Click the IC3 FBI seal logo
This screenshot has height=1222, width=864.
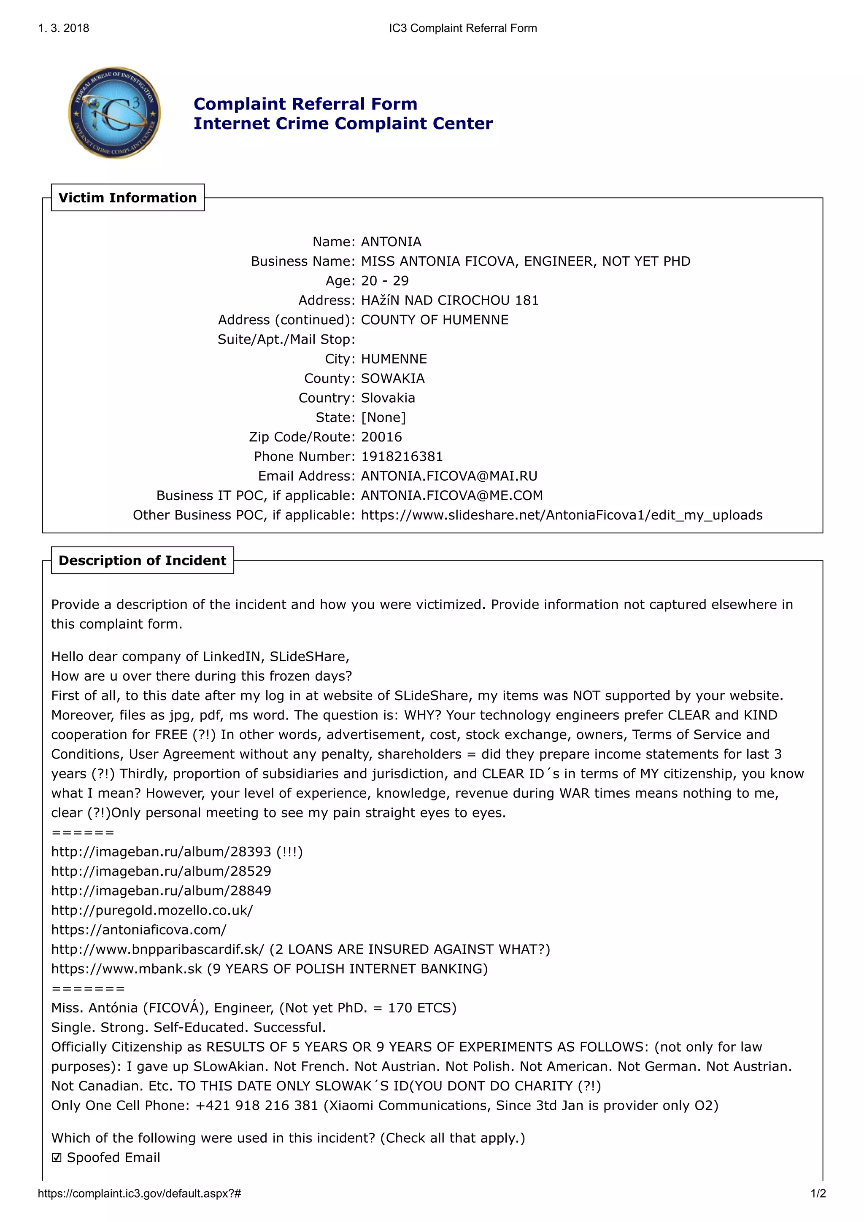(114, 113)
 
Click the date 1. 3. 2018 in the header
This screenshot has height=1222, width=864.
(63, 28)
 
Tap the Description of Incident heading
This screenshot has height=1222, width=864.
(142, 560)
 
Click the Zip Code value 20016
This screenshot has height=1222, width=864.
(381, 437)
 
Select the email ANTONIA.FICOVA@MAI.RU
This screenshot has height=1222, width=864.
(449, 476)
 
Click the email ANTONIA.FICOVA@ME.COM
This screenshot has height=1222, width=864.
(451, 495)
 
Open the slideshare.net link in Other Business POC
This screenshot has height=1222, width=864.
(561, 515)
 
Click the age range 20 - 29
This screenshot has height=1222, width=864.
(384, 281)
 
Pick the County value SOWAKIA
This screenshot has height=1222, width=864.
(392, 378)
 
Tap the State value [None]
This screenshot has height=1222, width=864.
(383, 418)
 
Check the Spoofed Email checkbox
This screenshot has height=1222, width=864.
(57, 1157)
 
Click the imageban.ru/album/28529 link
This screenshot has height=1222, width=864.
(161, 871)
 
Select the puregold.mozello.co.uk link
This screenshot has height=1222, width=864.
(152, 910)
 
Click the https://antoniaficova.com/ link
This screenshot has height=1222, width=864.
(138, 930)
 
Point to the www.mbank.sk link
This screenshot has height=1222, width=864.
(126, 969)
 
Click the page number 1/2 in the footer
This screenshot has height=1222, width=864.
(818, 1193)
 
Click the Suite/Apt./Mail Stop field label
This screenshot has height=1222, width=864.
(286, 339)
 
